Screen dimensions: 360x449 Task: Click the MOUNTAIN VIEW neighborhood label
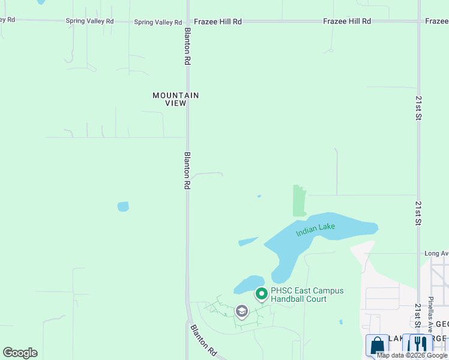pos(175,99)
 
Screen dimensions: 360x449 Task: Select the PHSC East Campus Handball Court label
pos(307,295)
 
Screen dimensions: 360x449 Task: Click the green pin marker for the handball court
pos(261,294)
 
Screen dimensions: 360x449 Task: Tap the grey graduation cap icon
pos(241,311)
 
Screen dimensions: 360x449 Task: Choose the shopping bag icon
pos(377,346)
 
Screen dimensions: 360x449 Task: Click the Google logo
pos(20,353)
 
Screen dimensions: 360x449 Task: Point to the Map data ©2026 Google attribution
pos(412,356)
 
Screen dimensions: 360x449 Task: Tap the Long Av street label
pos(436,253)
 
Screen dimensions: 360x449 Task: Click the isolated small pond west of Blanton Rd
pos(123,206)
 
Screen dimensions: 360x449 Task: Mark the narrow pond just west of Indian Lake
pos(248,241)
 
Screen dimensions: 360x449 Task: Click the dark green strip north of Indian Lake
pos(299,200)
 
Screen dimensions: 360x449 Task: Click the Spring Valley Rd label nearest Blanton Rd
pos(158,22)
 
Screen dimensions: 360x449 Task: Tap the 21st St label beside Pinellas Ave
pos(418,316)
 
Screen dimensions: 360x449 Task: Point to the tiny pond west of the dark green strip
pos(259,196)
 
